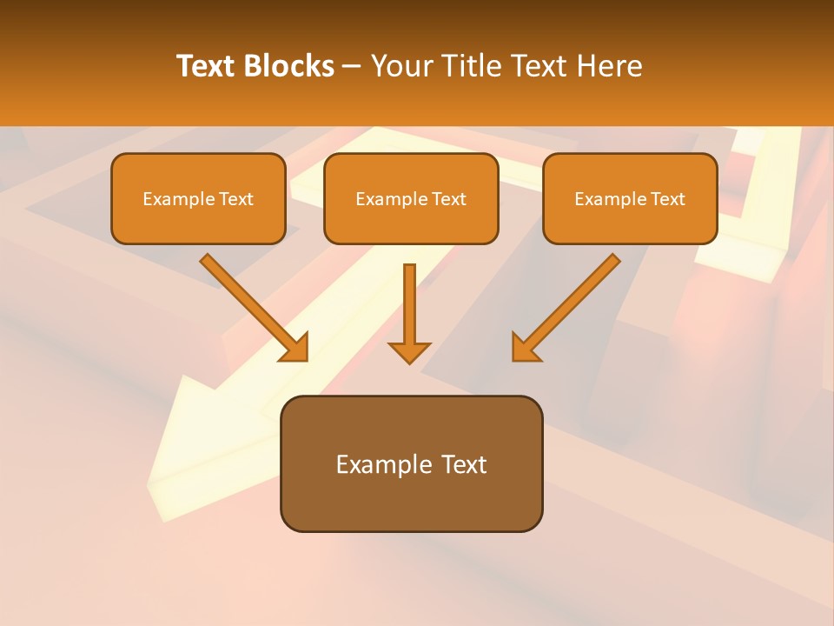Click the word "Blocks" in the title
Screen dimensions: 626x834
tap(289, 66)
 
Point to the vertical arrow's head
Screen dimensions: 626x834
tap(409, 352)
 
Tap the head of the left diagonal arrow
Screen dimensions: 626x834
tap(295, 348)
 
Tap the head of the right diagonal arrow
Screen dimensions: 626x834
tap(525, 348)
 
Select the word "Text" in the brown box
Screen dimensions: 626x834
tap(467, 464)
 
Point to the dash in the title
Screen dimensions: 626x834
tap(352, 66)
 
